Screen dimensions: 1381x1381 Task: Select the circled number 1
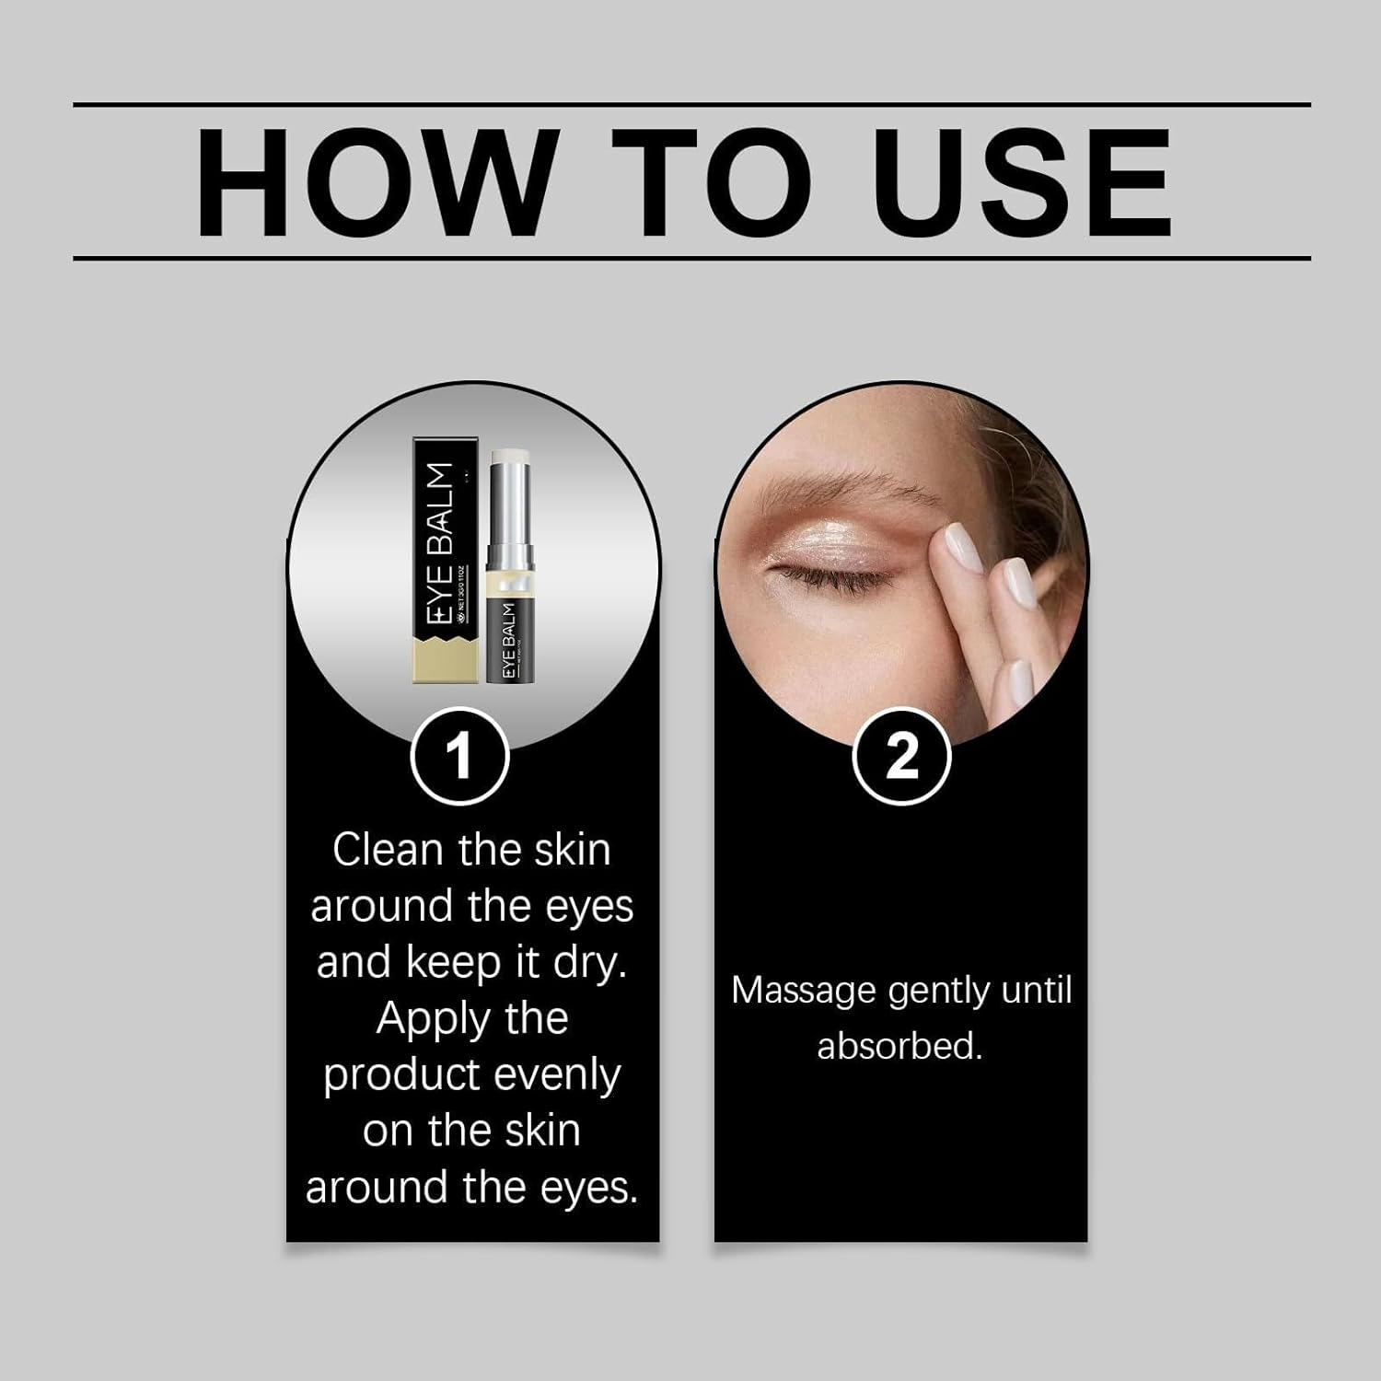[x=458, y=756]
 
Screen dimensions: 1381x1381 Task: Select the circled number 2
[x=901, y=756]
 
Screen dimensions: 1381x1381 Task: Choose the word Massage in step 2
[x=803, y=992]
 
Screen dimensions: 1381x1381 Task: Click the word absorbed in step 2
[x=899, y=1047]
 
